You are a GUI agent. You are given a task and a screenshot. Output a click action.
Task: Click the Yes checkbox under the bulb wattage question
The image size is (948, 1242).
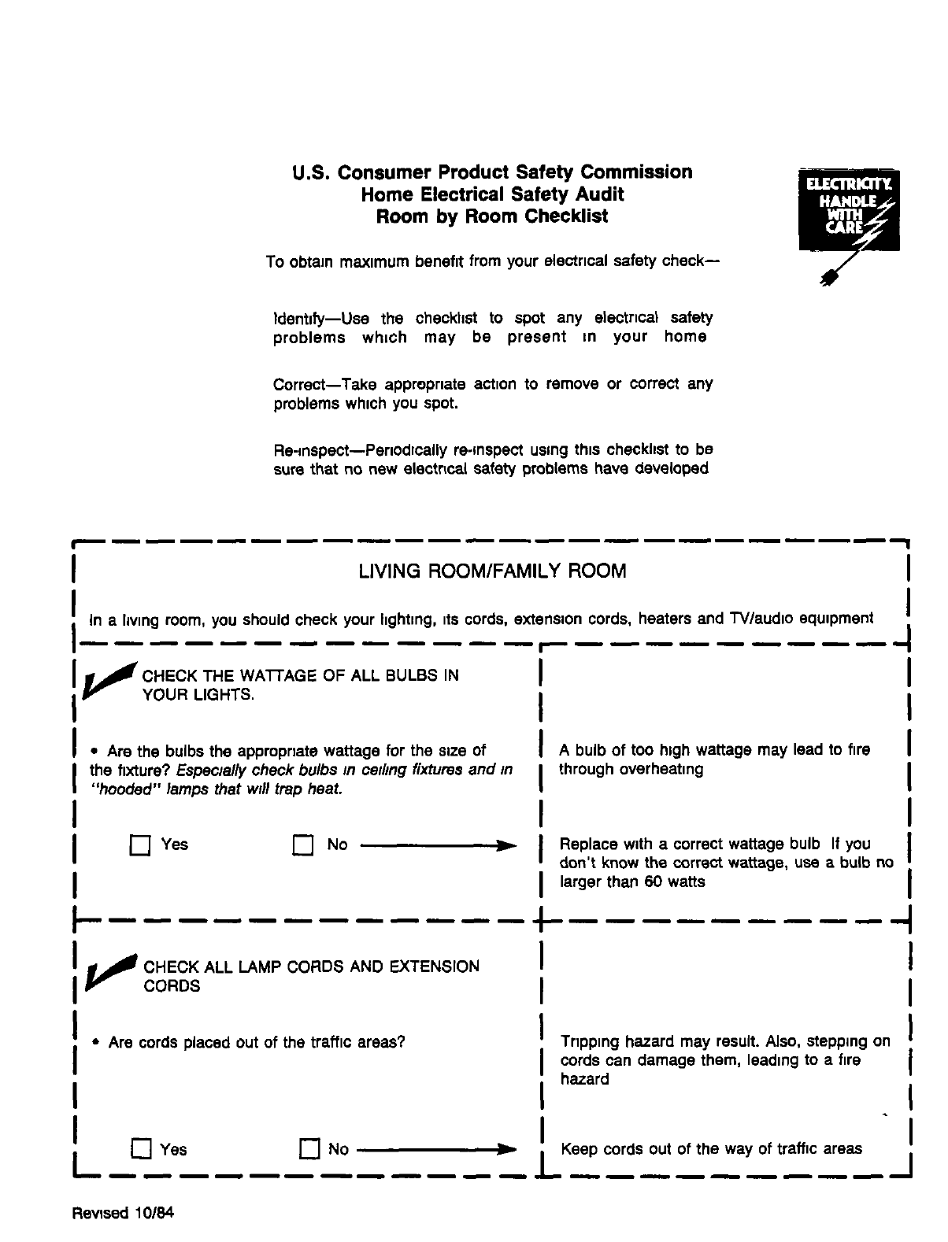[x=140, y=846]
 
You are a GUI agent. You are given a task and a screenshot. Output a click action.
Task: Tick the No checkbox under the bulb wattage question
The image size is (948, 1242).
[x=303, y=846]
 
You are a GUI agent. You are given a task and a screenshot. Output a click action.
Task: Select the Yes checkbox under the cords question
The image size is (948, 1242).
[x=141, y=1149]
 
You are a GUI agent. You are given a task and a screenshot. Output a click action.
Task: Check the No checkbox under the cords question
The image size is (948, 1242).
[x=309, y=1149]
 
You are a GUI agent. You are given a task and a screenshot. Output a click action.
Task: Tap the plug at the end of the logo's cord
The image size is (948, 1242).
[x=827, y=279]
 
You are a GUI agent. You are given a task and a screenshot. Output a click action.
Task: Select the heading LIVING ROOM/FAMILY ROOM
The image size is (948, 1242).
[x=492, y=571]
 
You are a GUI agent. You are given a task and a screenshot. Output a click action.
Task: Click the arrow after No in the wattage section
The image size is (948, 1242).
[x=439, y=846]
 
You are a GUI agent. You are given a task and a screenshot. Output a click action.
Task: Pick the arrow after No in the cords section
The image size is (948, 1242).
[x=439, y=1150]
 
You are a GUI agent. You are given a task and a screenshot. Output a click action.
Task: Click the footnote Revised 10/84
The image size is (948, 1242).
[x=122, y=1213]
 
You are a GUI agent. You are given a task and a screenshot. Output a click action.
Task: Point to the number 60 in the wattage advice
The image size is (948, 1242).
[x=653, y=882]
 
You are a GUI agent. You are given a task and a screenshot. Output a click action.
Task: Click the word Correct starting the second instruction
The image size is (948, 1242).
[x=299, y=385]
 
